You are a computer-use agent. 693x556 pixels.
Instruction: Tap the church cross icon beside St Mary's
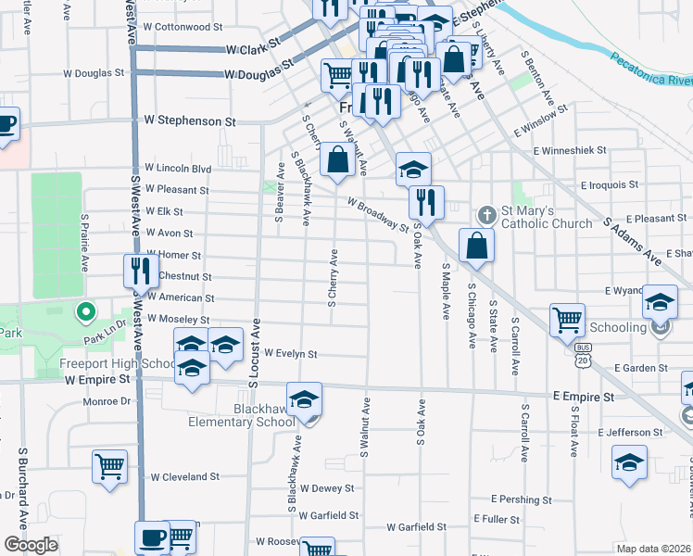point(485,216)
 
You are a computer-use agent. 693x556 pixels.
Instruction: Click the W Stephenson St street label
point(190,120)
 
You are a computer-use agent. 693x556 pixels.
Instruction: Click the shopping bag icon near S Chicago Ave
point(476,246)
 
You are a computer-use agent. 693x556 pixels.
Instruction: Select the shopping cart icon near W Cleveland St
point(109,466)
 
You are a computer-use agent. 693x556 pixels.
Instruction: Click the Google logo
point(31,545)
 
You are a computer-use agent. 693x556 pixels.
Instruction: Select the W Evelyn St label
point(291,353)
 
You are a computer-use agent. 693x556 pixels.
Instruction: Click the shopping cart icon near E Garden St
point(567,321)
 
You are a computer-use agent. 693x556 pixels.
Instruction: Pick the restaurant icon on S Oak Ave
point(426,202)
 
